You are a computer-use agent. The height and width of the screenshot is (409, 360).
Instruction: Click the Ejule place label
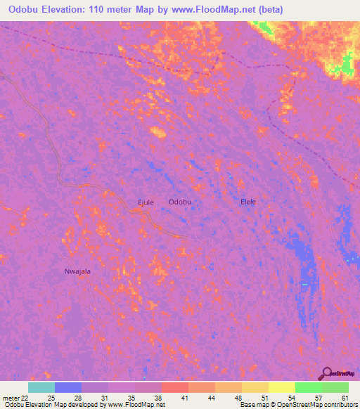[x=145, y=202]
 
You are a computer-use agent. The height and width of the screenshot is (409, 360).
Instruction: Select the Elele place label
[x=248, y=202]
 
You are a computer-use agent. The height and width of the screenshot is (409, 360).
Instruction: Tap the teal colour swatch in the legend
[x=41, y=387]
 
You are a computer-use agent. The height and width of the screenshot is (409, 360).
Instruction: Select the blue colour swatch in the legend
[x=68, y=387]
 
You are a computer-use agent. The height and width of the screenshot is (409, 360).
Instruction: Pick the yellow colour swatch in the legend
[x=282, y=387]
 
